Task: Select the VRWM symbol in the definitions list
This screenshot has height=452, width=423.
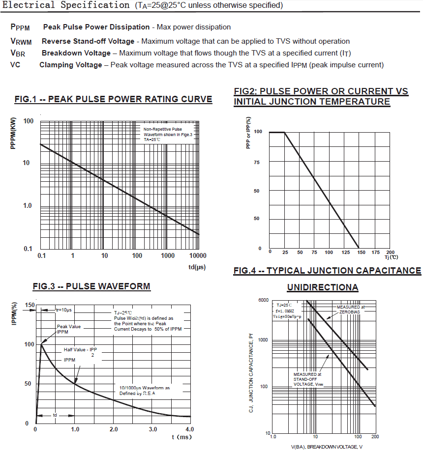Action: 21,42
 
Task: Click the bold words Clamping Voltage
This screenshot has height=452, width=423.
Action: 71,65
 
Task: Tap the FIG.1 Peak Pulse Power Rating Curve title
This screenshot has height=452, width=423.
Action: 114,100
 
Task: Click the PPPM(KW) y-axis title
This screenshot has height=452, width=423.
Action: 14,133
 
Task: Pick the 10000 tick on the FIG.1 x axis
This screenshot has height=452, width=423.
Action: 197,256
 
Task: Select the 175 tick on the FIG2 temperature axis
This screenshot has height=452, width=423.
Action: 375,252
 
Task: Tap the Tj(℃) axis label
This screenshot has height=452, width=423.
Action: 392,257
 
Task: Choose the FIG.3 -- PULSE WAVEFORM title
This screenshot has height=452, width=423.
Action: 91,286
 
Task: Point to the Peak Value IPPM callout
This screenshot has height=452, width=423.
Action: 68,329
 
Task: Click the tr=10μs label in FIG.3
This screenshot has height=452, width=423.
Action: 63,310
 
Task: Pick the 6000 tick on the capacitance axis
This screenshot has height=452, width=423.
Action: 264,300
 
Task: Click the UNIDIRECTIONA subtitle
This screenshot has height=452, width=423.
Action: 323,287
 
